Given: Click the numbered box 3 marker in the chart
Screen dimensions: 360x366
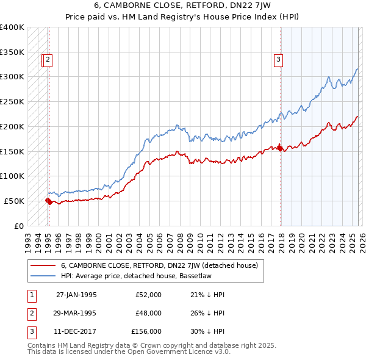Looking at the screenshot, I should pos(278,60).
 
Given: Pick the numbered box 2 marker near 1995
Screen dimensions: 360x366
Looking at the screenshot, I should pos(48,60).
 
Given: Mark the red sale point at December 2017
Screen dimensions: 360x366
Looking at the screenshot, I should pos(280,148).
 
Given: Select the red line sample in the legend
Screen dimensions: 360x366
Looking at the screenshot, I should pos(43,265).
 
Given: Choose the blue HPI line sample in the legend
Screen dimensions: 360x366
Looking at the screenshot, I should pos(43,276).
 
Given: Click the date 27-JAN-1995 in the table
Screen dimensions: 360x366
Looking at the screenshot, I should pos(76,295).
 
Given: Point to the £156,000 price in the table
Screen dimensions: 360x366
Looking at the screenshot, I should pos(146,331).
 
